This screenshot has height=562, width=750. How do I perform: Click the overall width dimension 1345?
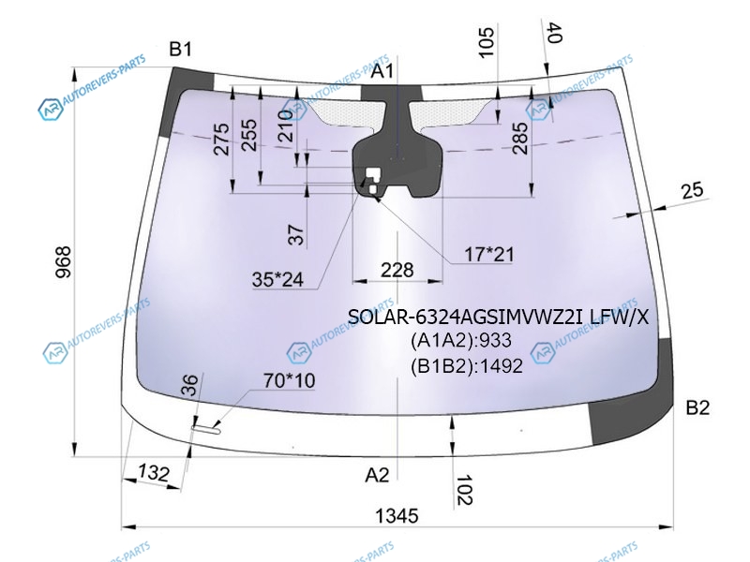[397, 516]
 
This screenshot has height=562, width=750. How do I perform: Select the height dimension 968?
[63, 262]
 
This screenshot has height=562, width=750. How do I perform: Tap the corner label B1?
[180, 49]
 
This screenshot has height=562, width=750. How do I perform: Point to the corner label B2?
[697, 407]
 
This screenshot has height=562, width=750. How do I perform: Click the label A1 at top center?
[382, 71]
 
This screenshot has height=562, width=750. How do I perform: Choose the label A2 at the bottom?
[377, 475]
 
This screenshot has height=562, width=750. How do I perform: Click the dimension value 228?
[397, 271]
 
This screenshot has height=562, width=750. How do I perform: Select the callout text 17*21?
[488, 255]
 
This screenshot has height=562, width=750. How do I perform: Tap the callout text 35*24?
[277, 279]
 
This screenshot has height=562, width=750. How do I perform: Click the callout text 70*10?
[290, 381]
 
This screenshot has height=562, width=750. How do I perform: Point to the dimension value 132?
[154, 473]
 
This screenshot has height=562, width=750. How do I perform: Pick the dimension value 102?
[464, 490]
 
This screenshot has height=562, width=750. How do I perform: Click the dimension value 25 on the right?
[692, 190]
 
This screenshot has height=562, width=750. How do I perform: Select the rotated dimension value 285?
[520, 138]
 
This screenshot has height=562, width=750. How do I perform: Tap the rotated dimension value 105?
[486, 42]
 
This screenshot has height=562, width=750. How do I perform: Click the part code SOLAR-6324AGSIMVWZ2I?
[466, 317]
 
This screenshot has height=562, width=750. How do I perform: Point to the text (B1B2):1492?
[466, 366]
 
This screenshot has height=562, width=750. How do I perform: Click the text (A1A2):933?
[460, 340]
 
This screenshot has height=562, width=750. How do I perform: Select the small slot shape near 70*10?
[205, 430]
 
